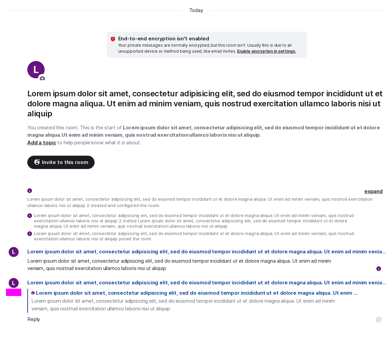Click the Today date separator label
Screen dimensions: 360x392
[196, 10]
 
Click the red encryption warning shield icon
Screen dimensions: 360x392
[113, 39]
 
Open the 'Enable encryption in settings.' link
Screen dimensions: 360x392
[266, 51]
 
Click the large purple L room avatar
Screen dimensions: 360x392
[36, 69]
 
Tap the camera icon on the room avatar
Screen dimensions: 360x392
[42, 78]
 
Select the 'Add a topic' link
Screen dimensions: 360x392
[42, 143]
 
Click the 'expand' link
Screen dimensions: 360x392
[373, 191]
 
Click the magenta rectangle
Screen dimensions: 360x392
[14, 292]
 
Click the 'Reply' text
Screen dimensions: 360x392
[34, 319]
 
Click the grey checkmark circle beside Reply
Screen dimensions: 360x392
[379, 320]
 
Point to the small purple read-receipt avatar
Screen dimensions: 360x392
[379, 269]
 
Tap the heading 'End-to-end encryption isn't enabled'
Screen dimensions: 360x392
[164, 39]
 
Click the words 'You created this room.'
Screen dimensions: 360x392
[53, 128]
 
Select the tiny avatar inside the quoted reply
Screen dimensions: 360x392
[33, 293]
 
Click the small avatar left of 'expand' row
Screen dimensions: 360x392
[30, 191]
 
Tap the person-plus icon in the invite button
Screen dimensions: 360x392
[37, 162]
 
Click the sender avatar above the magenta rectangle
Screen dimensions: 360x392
[14, 283]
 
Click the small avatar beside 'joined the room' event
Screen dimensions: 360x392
[30, 234]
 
